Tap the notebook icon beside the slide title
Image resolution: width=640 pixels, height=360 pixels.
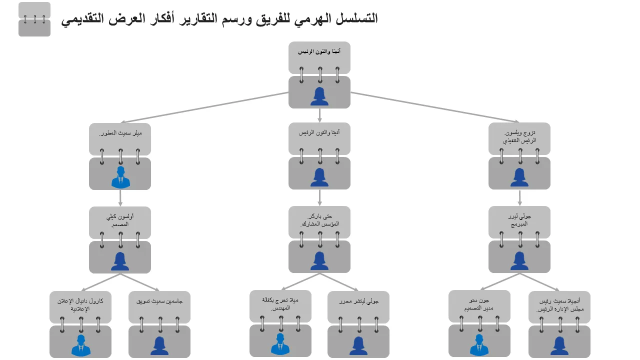(34, 19)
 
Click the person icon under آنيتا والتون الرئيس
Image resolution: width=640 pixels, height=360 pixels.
(319, 96)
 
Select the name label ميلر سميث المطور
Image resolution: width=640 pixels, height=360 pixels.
(120, 133)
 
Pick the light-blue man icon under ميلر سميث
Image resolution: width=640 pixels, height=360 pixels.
(120, 177)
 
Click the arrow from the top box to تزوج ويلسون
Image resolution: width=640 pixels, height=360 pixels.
(435, 107)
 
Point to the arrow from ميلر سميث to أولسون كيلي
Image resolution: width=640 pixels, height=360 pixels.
(120, 198)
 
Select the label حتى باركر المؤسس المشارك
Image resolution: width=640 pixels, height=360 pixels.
(319, 220)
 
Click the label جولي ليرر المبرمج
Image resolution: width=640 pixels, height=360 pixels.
(519, 220)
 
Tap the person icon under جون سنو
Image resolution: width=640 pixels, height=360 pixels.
(479, 345)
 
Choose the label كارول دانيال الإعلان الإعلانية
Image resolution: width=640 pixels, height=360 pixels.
(80, 305)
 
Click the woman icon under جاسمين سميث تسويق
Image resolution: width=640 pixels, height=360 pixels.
(159, 345)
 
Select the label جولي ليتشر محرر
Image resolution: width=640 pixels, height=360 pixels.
(358, 301)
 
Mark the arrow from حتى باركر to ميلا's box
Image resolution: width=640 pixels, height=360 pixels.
(300, 281)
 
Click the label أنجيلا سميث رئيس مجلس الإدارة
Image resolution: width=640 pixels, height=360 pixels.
(559, 305)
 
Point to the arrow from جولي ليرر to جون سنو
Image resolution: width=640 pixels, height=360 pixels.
(499, 281)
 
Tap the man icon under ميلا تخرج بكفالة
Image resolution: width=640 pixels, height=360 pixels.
(280, 344)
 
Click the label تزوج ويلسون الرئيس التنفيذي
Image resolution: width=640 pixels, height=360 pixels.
(519, 136)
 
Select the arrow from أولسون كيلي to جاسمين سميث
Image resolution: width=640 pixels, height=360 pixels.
(140, 282)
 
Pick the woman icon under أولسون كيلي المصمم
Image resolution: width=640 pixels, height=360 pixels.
(120, 261)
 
